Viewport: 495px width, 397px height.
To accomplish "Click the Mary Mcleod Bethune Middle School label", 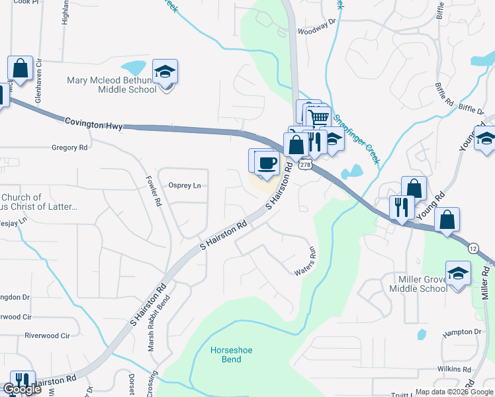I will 111,85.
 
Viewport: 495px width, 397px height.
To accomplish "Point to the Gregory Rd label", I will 69,148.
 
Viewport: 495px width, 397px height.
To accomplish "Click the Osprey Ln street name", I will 185,186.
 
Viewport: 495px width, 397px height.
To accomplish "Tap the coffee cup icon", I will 267,163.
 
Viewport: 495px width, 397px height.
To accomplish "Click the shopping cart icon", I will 320,118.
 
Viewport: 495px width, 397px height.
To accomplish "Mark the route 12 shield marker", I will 472,248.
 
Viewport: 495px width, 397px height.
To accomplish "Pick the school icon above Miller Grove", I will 457,273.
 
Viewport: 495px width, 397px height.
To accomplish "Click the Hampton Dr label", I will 461,331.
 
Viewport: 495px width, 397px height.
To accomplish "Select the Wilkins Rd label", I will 453,369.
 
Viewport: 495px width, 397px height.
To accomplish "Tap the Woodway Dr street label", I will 317,30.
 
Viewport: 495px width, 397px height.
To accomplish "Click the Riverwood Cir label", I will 47,335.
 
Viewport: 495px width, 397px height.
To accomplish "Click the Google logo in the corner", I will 22,390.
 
